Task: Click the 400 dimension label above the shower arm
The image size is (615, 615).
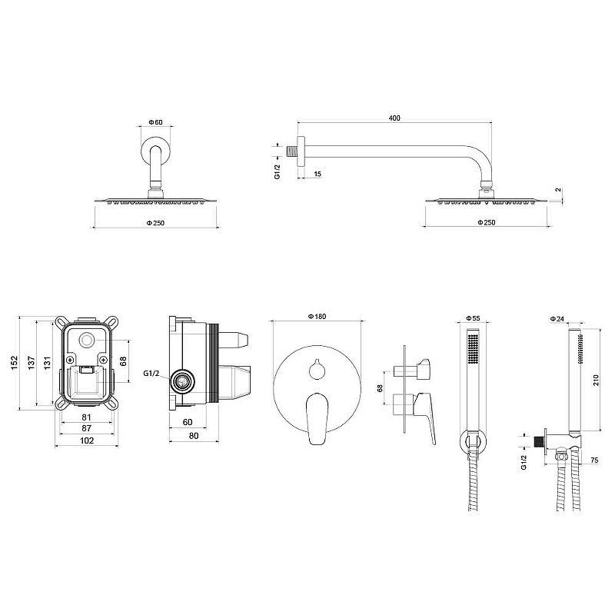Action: coord(394,118)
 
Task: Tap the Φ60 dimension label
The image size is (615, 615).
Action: coord(155,122)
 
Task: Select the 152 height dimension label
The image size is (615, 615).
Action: coord(14,362)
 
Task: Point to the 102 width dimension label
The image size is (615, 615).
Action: coord(87,440)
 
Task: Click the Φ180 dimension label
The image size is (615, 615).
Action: coord(317,317)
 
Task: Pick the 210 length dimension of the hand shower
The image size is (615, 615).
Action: coord(596,380)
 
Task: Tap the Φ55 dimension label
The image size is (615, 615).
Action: coord(473,318)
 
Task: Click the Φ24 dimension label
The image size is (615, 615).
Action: coord(557,319)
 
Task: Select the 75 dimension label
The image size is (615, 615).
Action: coord(593,460)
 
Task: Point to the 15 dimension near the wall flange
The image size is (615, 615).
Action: coord(317,174)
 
